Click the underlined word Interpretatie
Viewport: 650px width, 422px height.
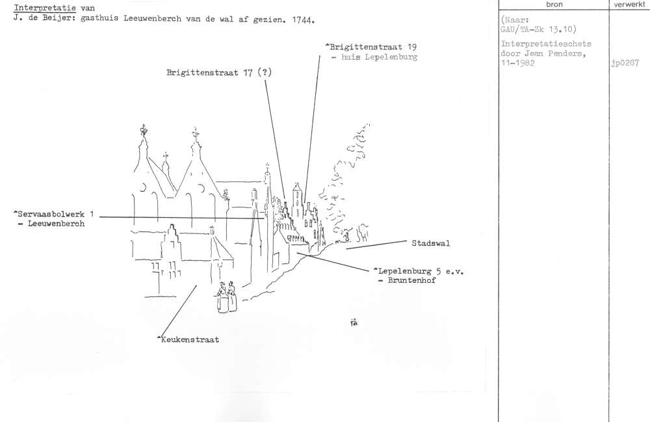[x=45, y=8]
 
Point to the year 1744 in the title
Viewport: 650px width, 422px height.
[x=303, y=20]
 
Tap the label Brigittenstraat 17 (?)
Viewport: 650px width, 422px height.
[x=219, y=73]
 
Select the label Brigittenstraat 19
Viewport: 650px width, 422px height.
[x=371, y=47]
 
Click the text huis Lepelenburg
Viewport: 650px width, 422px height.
[x=379, y=57]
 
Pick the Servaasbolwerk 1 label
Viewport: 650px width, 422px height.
[x=54, y=214]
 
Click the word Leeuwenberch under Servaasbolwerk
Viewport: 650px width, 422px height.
[x=56, y=224]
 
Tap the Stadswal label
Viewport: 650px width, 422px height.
[x=431, y=243]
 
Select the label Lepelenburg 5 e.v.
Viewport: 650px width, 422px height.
[x=419, y=272]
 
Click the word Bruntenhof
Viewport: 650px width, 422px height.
[x=411, y=280]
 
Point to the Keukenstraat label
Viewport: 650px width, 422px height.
[x=188, y=339]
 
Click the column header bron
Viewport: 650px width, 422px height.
[x=554, y=5]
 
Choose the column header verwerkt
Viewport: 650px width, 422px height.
[x=629, y=5]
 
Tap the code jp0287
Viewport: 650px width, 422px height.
[x=625, y=64]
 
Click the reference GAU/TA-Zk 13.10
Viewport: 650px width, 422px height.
[x=538, y=29]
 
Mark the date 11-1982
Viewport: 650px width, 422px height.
[x=518, y=64]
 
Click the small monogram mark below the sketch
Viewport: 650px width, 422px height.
[x=354, y=322]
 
